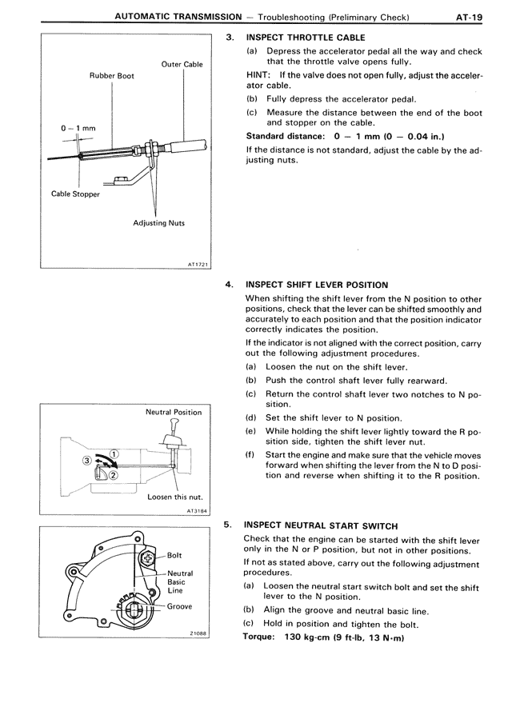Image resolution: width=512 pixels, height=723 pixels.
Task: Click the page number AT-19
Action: pos(469,18)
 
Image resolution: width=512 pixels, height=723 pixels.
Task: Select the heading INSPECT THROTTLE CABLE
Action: pos(306,38)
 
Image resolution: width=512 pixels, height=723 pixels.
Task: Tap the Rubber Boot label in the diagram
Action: pos(112,76)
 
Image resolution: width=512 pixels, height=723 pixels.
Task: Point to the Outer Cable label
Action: pos(182,64)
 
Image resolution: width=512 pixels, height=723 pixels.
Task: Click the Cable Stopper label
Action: pos(75,194)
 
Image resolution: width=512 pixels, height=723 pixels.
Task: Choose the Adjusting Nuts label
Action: pos(158,223)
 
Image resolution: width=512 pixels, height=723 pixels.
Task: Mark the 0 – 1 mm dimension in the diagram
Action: pos(78,128)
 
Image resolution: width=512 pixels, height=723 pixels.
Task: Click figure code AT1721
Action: pos(198,265)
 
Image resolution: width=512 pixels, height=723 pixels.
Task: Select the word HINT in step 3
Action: pos(256,75)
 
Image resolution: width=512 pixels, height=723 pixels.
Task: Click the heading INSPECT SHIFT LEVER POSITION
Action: pos(317,285)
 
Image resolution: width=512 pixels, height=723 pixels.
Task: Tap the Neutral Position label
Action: pos(174,412)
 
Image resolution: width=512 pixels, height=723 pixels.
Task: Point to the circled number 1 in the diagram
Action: pos(114,454)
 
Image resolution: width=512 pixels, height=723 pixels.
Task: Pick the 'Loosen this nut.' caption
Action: pos(175,497)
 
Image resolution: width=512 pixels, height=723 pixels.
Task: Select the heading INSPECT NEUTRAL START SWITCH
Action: pos(321,526)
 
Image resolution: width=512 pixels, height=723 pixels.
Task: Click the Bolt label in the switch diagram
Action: pos(174,556)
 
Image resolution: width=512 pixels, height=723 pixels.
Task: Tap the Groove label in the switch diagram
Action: pos(179,606)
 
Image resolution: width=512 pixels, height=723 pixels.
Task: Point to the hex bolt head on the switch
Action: pos(149,558)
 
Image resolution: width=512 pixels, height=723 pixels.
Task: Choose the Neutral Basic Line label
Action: pos(180,582)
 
